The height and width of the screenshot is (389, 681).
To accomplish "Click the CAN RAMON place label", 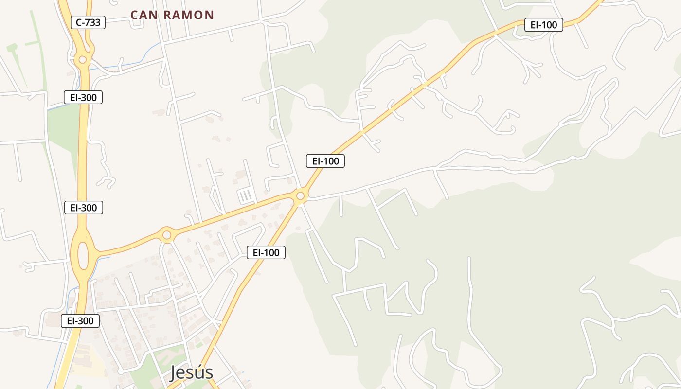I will pos(172,15).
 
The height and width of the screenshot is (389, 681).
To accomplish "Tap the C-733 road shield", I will pos(88,22).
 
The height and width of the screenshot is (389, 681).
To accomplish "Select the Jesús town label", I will pos(192,372).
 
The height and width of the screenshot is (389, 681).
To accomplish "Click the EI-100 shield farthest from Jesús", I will pos(543,25).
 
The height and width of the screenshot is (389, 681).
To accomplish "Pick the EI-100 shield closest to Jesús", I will pos(266,252).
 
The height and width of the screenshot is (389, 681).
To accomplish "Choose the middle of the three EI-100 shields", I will pos(325,161).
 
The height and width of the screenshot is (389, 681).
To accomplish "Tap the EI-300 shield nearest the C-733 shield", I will pos(83,97).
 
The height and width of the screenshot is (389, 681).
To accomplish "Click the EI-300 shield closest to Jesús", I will pos(80,321).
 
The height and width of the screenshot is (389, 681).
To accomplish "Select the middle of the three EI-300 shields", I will pos(84,208).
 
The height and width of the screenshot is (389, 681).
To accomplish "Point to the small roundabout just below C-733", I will pos(83,59).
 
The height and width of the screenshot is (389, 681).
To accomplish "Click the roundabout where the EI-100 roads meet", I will pos(300,196).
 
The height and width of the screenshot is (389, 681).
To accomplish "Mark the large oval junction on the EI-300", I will pos(83,255).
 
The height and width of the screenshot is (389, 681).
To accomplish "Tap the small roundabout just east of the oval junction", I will pos(167,235).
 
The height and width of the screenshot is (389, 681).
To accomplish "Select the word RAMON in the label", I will pos(189,15).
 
